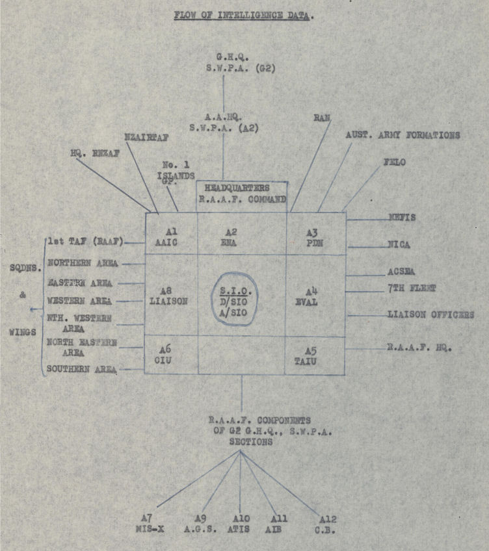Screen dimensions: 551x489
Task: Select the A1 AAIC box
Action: (x=170, y=234)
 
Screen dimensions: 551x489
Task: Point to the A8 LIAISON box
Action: (x=170, y=295)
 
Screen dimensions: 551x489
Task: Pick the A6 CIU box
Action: (x=170, y=355)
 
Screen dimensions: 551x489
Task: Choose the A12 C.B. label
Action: (x=328, y=523)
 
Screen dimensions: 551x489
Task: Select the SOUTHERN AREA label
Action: (x=82, y=369)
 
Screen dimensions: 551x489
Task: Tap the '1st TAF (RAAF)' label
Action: (x=85, y=242)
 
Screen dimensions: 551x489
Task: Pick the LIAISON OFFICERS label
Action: (x=431, y=315)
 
